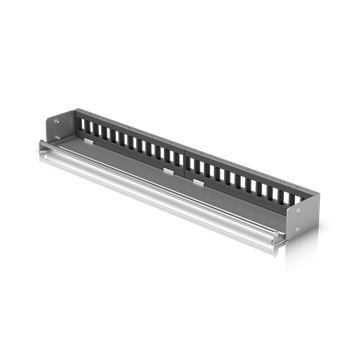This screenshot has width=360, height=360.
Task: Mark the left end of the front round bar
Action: [x=41, y=145]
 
